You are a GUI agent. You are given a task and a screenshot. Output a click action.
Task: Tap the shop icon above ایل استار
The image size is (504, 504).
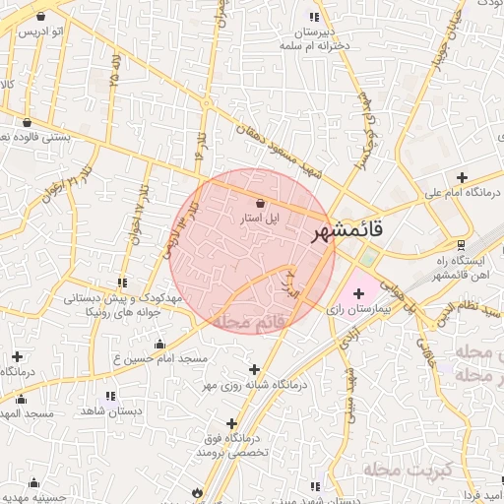tap(259, 203)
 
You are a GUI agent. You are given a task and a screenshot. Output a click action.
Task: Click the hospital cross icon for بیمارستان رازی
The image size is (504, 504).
tap(357, 293)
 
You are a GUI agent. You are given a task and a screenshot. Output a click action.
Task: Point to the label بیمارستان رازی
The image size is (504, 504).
tap(358, 309)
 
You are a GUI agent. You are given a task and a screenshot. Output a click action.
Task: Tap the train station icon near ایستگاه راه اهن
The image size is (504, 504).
tap(460, 245)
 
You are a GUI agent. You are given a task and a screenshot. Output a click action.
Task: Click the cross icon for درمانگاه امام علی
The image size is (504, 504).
tap(461, 177)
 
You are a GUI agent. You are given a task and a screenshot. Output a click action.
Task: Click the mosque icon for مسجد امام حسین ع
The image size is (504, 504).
tap(159, 344)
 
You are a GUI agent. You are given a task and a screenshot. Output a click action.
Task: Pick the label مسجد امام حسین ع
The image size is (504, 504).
tap(160, 359)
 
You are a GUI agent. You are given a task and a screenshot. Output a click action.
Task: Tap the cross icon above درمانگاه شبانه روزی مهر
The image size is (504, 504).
tap(256, 368)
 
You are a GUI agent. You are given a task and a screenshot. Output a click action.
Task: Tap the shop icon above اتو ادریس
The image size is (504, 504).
tap(40, 17)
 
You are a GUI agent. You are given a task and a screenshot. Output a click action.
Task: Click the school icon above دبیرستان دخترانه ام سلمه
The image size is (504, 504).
tap(315, 17)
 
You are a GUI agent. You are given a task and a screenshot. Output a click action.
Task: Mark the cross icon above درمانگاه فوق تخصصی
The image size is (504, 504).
tap(231, 422)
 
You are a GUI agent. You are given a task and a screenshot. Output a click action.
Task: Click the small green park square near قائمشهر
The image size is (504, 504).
tap(368, 258)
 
